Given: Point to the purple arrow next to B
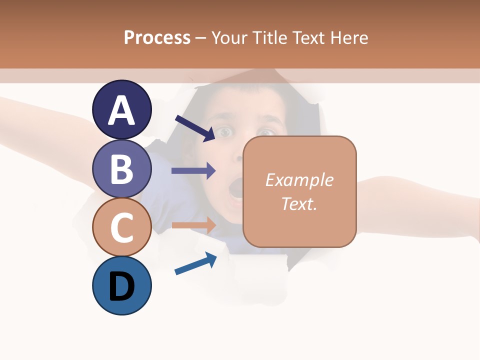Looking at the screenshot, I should pos(193,171).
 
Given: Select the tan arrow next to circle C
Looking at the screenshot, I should pos(194,225).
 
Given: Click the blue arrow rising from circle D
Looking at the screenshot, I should pos(195,263).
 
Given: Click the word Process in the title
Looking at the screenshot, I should pos(157,37).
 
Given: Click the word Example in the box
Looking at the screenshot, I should pos(299,180).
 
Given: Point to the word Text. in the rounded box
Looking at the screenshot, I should pos(299,203).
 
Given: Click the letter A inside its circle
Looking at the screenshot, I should pos(121,110).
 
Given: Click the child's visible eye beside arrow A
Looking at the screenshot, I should pos(225,132).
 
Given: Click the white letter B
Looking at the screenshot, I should pos(121,168).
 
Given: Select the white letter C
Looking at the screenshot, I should pos(121,227).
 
